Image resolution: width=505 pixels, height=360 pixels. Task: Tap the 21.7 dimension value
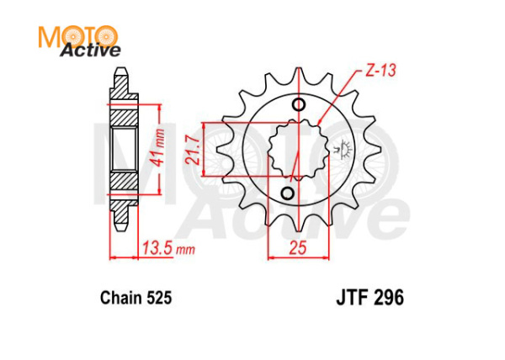click(x=193, y=150)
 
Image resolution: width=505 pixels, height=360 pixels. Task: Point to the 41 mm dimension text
click(x=160, y=149)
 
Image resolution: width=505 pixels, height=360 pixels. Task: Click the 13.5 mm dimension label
click(x=167, y=249)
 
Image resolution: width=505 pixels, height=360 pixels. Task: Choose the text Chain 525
click(x=136, y=297)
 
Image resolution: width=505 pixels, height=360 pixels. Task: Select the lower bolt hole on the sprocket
click(x=286, y=195)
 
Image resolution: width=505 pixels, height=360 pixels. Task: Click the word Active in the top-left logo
click(x=89, y=51)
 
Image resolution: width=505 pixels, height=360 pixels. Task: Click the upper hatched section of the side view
click(x=125, y=109)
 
